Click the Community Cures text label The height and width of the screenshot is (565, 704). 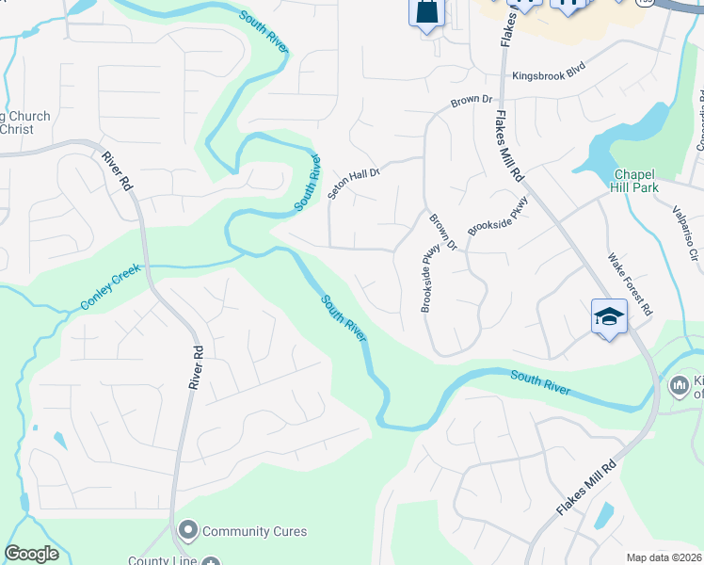[254, 531]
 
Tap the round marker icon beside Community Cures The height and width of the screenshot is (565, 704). [188, 531]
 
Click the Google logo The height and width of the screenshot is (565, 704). [31, 554]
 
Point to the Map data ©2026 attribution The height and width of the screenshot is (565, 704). [664, 557]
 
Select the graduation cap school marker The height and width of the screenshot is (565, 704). [609, 317]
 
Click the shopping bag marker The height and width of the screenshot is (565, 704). [426, 12]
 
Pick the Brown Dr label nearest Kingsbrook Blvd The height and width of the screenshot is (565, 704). [472, 100]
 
